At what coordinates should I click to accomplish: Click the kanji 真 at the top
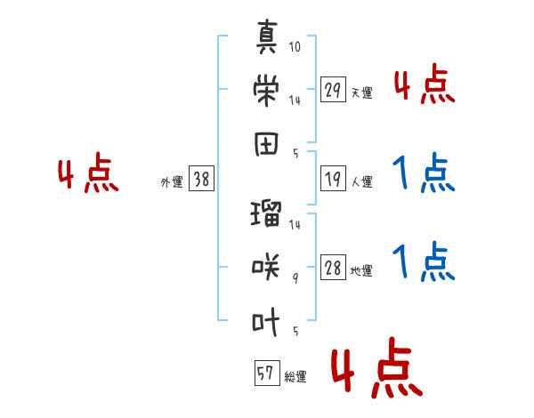click(267, 36)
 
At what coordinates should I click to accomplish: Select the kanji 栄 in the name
click(266, 90)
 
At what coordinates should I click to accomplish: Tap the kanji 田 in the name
click(266, 144)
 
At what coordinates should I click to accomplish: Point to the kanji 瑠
click(266, 213)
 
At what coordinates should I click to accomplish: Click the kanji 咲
click(266, 267)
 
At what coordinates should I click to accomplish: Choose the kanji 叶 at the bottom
click(266, 322)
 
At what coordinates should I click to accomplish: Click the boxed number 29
click(333, 90)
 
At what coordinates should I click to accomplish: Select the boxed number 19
click(333, 179)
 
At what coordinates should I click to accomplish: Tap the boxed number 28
click(333, 267)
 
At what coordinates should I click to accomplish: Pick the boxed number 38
click(201, 179)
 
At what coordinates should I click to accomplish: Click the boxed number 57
click(267, 373)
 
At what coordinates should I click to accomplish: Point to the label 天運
click(362, 92)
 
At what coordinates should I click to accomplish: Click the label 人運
click(362, 181)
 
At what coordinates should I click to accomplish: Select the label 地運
click(361, 270)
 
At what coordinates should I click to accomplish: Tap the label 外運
click(172, 182)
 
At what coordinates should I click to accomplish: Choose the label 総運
click(295, 376)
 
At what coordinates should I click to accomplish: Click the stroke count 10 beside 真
click(295, 46)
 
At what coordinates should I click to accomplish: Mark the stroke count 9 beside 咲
click(295, 278)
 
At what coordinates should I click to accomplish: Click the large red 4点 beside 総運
click(376, 367)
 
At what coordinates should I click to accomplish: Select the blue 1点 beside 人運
click(424, 173)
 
